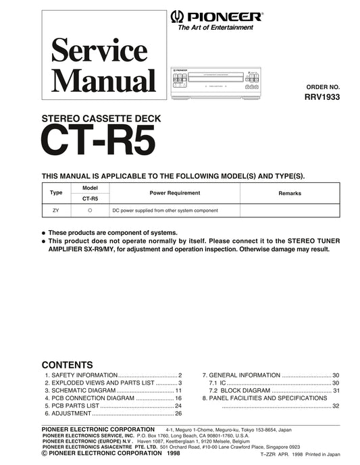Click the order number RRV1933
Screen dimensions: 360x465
tap(323, 97)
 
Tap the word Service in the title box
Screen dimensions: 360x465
tap(99, 51)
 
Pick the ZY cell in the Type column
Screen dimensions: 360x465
tap(56, 211)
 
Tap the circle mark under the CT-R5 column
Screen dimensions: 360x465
tap(90, 211)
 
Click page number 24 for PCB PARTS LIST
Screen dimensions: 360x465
tap(178, 406)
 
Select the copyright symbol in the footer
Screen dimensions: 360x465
tap(45, 454)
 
